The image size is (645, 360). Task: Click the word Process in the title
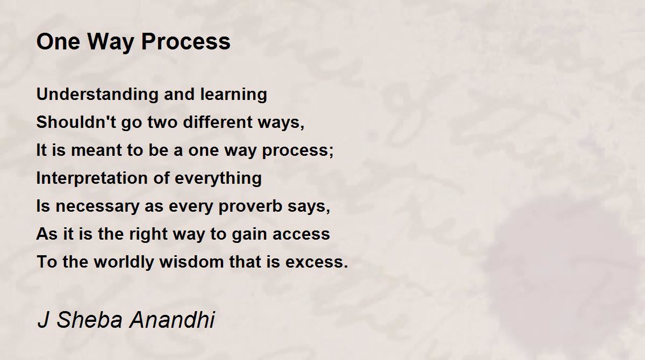coord(186,41)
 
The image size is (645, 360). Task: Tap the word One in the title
coord(58,41)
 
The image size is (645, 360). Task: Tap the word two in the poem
coord(163,122)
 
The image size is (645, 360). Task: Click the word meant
coord(96,150)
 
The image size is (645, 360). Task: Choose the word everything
coord(218,178)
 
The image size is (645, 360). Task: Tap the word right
coord(148,234)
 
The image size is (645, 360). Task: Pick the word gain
coord(250,234)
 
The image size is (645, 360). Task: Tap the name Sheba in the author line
coord(90,319)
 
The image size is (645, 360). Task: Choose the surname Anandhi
coord(172,319)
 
